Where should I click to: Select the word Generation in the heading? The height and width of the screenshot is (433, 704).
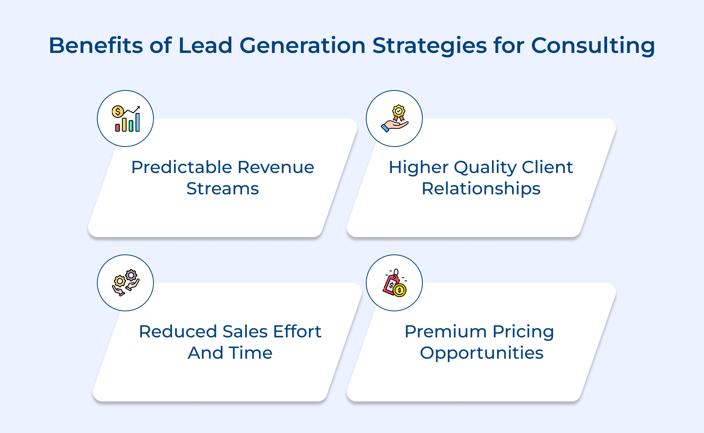click(x=302, y=45)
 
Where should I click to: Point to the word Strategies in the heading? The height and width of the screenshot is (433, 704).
click(x=429, y=46)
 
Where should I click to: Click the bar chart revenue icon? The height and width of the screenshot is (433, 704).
click(x=126, y=119)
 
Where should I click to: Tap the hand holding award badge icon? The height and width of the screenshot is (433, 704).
click(x=395, y=119)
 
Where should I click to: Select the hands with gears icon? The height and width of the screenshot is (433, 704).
click(x=126, y=283)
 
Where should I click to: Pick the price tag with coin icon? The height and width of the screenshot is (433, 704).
click(x=395, y=283)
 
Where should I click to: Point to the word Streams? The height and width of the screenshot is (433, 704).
click(x=223, y=188)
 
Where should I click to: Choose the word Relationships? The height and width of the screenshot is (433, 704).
click(x=481, y=189)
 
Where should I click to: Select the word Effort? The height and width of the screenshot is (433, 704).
click(x=297, y=331)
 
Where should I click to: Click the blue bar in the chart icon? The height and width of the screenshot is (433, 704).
click(x=138, y=122)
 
